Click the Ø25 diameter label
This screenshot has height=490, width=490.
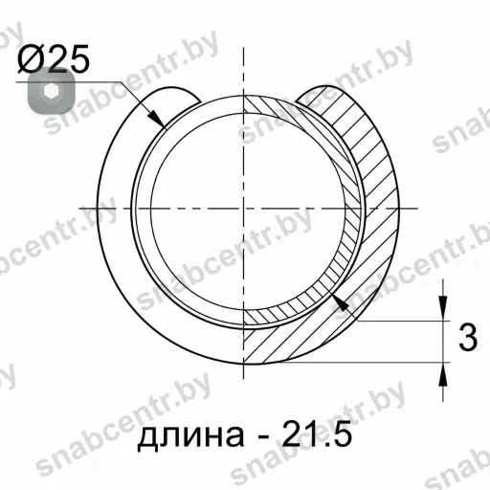[53, 59]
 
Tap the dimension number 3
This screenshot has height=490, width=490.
[468, 338]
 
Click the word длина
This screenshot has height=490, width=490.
[190, 434]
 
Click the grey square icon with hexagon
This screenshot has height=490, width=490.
[52, 91]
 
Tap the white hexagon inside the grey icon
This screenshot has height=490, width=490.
[51, 91]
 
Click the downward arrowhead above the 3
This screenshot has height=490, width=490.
[443, 308]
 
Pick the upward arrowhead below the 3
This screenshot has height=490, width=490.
[443, 375]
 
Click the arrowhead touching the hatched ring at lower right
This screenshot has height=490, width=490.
[340, 302]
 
